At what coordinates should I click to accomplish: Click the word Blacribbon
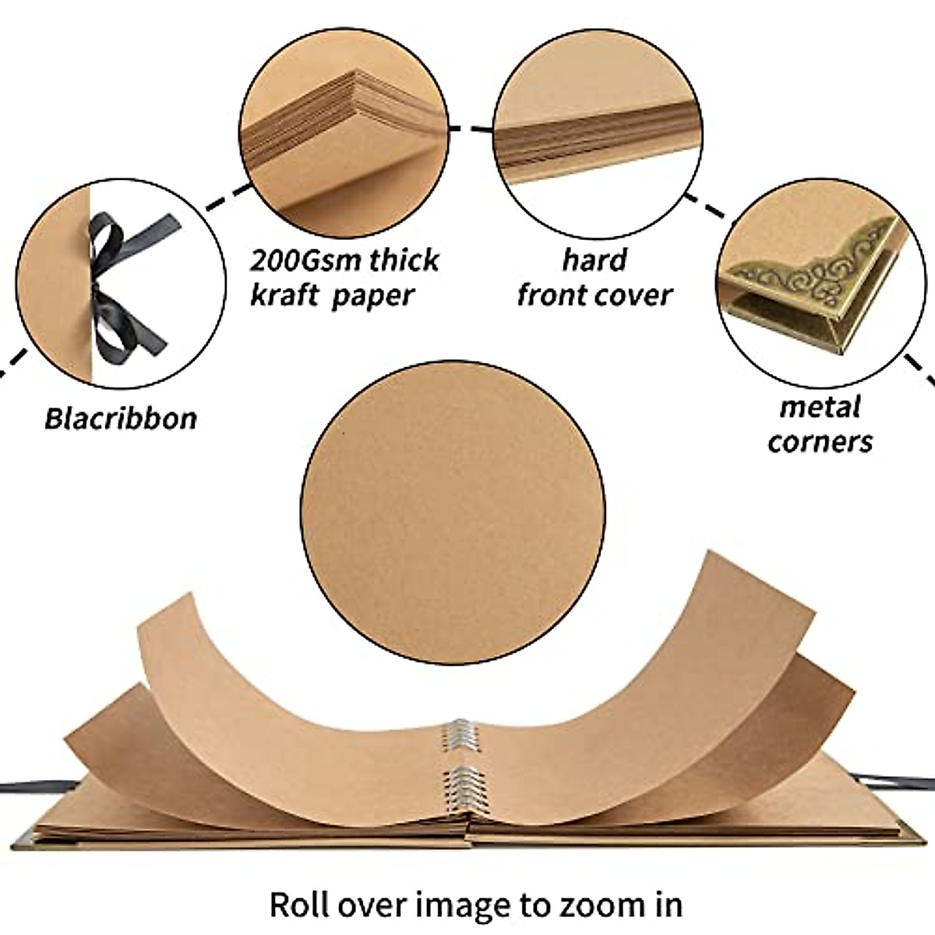120,418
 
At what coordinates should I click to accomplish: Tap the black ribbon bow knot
100,287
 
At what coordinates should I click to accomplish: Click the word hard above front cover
595,259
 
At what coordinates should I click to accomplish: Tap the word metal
820,407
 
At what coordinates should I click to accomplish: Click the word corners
820,442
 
